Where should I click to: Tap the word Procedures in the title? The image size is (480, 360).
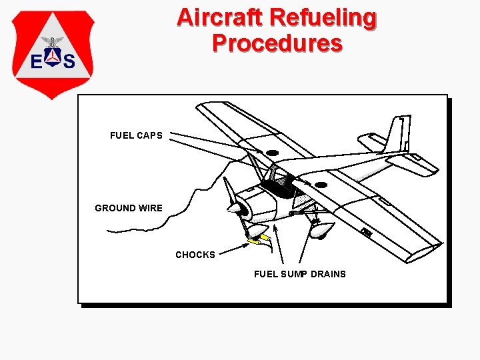[x=277, y=43]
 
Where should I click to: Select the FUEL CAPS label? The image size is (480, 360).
[x=136, y=135]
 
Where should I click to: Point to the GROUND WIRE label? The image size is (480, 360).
[x=129, y=208]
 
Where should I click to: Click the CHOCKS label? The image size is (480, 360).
[x=195, y=255]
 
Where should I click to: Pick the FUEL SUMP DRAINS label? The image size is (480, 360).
[x=300, y=274]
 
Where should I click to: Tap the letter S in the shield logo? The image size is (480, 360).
[x=68, y=62]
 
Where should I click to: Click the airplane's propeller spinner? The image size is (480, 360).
[x=235, y=209]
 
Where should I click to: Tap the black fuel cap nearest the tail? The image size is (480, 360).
[x=321, y=185]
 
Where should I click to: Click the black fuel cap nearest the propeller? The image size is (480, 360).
[x=272, y=153]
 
